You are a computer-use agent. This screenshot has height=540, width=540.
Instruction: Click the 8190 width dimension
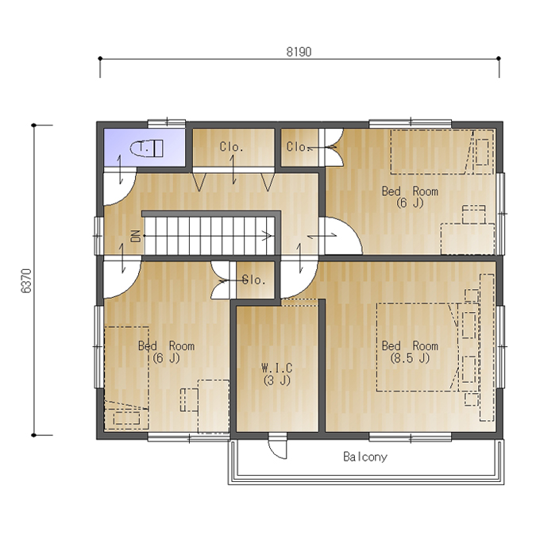click(x=299, y=52)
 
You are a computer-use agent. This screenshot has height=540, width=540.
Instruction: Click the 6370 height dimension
click(x=26, y=280)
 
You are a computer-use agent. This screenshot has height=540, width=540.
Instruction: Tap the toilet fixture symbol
click(x=146, y=148)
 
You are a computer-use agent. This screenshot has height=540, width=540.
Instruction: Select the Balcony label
click(x=365, y=457)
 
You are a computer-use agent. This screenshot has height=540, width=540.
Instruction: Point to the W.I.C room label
click(x=277, y=368)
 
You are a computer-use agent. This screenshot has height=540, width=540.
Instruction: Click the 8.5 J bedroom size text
click(x=410, y=358)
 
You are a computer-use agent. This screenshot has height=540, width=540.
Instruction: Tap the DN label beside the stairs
click(x=136, y=236)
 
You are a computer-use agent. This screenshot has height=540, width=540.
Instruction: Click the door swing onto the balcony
click(x=278, y=448)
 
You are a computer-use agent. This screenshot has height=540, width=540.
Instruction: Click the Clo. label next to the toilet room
click(x=231, y=147)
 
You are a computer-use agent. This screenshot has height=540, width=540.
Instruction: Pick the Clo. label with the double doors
click(x=298, y=147)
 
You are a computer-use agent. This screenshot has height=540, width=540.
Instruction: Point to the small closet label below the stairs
click(x=254, y=280)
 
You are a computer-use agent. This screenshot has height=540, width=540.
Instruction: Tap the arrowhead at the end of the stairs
click(x=268, y=236)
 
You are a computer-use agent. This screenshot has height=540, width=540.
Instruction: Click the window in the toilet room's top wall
click(x=167, y=123)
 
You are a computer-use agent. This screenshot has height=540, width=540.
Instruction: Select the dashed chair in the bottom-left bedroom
click(x=189, y=399)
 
